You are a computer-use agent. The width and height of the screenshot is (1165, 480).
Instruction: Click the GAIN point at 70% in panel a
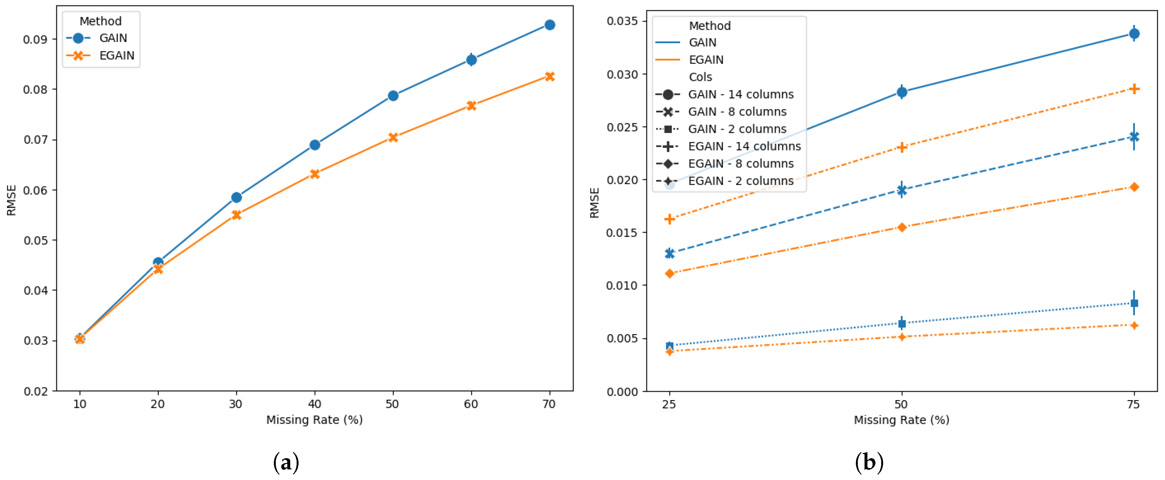(x=550, y=25)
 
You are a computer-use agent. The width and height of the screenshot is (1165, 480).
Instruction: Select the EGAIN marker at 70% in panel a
(x=550, y=76)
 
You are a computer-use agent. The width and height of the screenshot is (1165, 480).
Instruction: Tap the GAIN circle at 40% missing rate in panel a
(x=315, y=145)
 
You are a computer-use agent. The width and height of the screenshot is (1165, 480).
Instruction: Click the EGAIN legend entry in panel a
(x=116, y=56)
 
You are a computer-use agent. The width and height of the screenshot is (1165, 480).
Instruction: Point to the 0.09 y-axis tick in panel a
(x=35, y=39)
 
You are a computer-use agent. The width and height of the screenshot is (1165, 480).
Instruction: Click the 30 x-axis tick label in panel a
(x=236, y=404)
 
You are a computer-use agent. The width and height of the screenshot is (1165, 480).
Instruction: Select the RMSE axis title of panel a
(x=11, y=200)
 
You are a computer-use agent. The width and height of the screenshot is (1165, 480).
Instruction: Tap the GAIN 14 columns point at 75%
(x=1134, y=33)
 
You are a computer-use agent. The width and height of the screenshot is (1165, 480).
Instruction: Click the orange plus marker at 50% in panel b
(x=902, y=148)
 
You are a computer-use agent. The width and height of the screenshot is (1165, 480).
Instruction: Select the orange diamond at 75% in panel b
(x=1134, y=187)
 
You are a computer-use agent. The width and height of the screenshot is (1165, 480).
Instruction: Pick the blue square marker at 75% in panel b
(x=1134, y=303)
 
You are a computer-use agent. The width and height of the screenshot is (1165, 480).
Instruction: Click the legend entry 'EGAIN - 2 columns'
(x=740, y=181)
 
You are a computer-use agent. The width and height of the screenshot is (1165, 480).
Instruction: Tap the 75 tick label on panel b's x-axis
(x=1133, y=404)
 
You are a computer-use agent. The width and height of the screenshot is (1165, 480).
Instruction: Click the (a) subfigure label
(x=286, y=463)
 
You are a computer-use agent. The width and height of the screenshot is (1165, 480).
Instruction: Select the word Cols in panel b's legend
(x=700, y=77)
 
